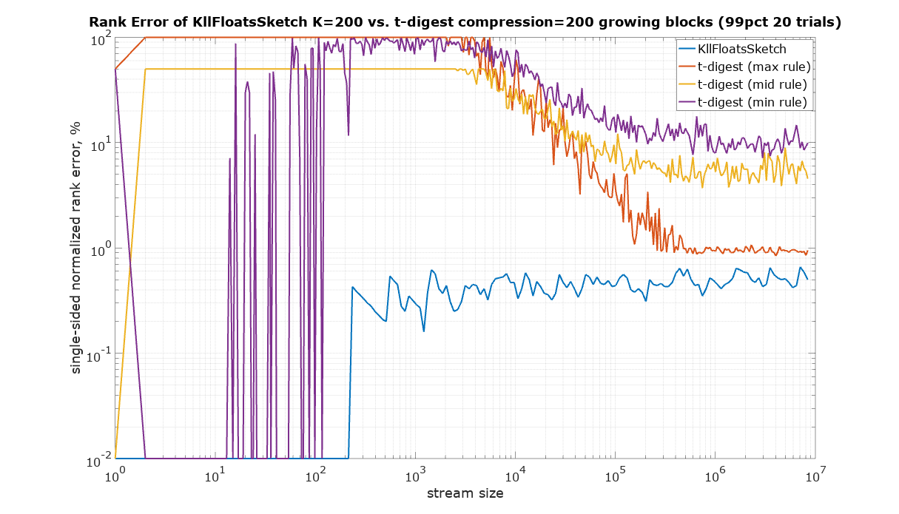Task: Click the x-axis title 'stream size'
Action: [x=465, y=493]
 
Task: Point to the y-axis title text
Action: [x=75, y=248]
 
